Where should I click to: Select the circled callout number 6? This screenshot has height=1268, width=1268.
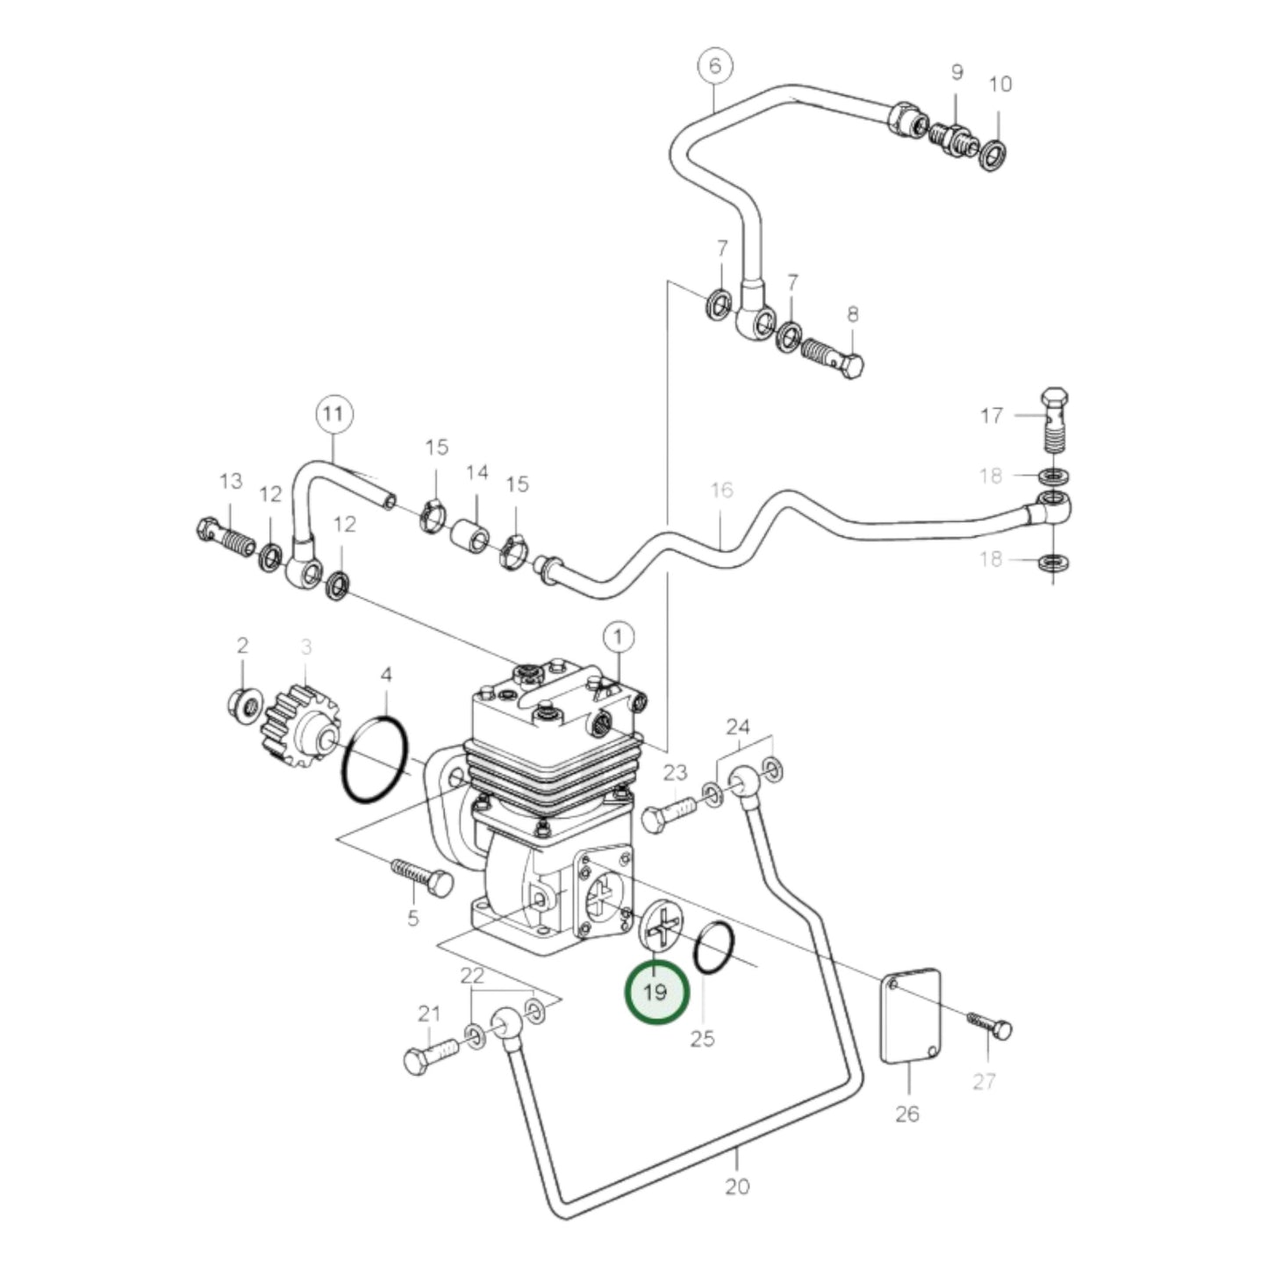(x=714, y=67)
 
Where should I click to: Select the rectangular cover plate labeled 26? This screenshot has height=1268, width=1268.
(x=910, y=1015)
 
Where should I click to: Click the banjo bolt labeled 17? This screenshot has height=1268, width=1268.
(x=1053, y=421)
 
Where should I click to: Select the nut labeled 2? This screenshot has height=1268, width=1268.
(x=242, y=703)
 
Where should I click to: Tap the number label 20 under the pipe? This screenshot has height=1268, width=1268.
(x=737, y=1186)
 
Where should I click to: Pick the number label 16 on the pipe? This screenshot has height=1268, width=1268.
(x=721, y=490)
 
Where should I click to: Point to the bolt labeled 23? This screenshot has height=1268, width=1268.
(x=669, y=813)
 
